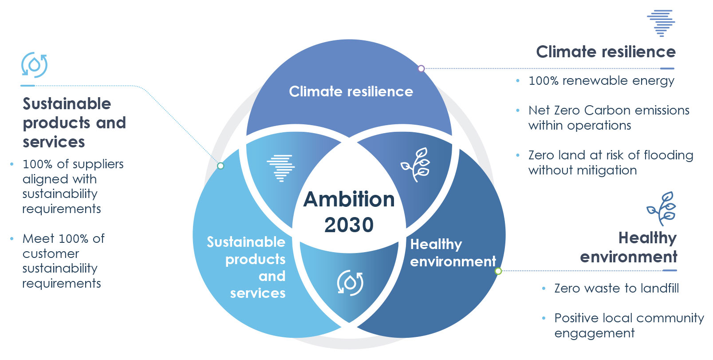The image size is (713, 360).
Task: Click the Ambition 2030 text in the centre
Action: tap(349, 212)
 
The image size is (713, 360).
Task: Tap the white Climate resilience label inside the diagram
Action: tap(351, 91)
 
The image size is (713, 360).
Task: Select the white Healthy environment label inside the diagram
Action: tap(453, 253)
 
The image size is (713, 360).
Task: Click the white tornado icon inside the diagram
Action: tap(281, 168)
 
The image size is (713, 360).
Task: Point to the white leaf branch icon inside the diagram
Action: tap(415, 164)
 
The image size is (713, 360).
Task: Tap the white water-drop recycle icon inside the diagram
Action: tap(350, 283)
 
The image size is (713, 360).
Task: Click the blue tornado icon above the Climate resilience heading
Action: tap(661, 23)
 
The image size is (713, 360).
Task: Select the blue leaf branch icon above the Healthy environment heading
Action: tap(662, 209)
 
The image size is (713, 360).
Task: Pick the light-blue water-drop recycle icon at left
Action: tap(34, 65)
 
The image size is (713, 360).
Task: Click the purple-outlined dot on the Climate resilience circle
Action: tap(421, 68)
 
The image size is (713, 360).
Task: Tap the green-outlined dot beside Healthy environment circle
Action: tap(498, 271)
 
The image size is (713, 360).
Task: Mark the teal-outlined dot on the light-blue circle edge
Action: tap(220, 166)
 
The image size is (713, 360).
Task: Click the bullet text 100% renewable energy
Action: tap(601, 81)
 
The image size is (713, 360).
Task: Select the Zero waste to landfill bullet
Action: tap(617, 289)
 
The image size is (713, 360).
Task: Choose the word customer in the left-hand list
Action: tap(51, 254)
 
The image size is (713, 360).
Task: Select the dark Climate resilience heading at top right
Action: tap(606, 51)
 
